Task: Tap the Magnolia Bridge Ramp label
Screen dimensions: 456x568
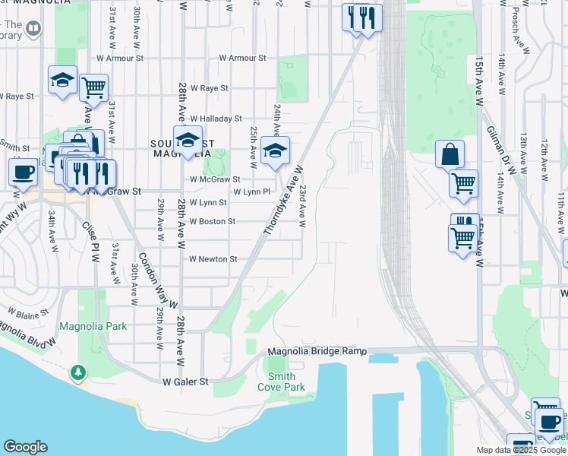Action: (x=317, y=352)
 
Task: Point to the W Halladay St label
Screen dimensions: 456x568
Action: (x=216, y=119)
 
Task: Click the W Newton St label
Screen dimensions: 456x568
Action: (x=213, y=259)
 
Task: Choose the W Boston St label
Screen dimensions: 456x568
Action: (x=212, y=221)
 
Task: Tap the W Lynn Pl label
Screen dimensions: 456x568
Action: (x=251, y=192)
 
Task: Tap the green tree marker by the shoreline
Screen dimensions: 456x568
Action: (x=77, y=372)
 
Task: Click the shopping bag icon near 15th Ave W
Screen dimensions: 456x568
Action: (x=450, y=154)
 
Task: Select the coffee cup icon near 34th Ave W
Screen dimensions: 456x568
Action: (x=23, y=172)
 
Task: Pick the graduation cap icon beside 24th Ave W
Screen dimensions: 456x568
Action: (x=275, y=150)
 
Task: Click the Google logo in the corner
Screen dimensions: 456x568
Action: (x=25, y=447)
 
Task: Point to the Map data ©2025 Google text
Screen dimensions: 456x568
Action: (x=521, y=450)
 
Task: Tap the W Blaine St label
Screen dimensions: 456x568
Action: (x=27, y=311)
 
